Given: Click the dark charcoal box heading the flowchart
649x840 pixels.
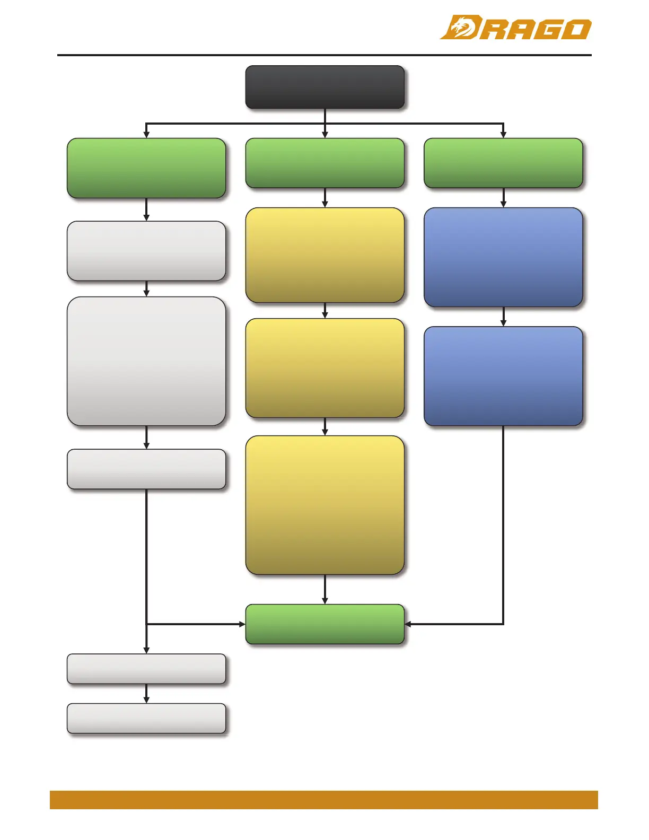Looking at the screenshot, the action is (x=324, y=87).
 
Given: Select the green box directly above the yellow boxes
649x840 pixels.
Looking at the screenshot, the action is (x=324, y=163).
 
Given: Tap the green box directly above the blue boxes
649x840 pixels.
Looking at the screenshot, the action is (x=503, y=163).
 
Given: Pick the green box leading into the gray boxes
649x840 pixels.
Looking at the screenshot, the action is (x=146, y=168).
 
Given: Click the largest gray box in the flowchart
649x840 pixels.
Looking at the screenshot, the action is (x=146, y=361).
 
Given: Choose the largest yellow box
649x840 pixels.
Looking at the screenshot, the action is (x=324, y=505).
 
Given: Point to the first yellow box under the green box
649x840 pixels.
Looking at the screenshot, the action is (x=324, y=255).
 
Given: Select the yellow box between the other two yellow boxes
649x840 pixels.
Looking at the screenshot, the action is (x=324, y=368).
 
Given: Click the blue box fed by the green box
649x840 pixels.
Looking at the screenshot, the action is (x=503, y=257).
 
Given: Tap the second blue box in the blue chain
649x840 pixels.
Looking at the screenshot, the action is (x=503, y=376).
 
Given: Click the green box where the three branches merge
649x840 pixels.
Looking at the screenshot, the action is (x=324, y=624).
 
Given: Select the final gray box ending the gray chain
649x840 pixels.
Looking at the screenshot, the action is (x=146, y=718).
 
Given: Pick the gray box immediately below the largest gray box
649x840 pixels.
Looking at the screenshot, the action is (x=146, y=469).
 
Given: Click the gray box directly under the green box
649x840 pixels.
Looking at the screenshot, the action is (x=146, y=251).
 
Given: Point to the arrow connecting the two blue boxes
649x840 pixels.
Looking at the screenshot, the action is (x=503, y=317).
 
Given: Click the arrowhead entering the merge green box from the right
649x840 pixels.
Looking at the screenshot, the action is (x=408, y=624).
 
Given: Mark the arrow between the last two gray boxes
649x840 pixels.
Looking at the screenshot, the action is (x=146, y=694).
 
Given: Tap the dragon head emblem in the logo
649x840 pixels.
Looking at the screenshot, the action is (x=460, y=28).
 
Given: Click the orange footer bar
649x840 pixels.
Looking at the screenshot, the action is (x=323, y=800).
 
